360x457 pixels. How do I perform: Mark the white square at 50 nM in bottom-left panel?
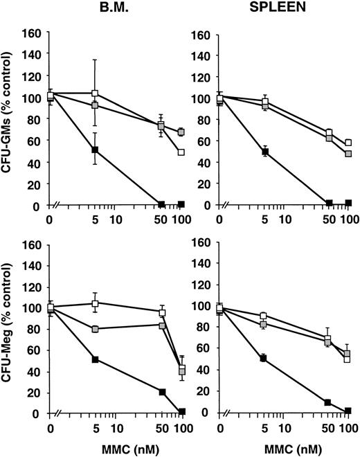(162, 312)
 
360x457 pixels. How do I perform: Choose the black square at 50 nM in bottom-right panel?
(329, 402)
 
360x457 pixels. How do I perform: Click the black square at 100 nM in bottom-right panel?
(348, 411)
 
